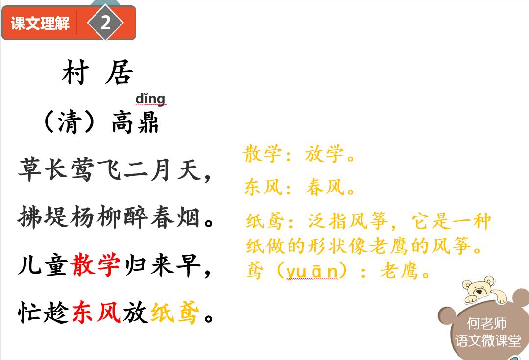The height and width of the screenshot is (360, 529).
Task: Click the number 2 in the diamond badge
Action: (105, 23)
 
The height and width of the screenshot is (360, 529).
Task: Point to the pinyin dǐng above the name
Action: (150, 99)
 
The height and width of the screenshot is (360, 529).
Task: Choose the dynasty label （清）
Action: (69, 122)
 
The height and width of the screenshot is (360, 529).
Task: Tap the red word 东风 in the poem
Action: (96, 312)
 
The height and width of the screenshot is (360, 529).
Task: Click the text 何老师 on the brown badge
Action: (486, 324)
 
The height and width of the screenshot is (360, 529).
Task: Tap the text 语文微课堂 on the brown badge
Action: (488, 341)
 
